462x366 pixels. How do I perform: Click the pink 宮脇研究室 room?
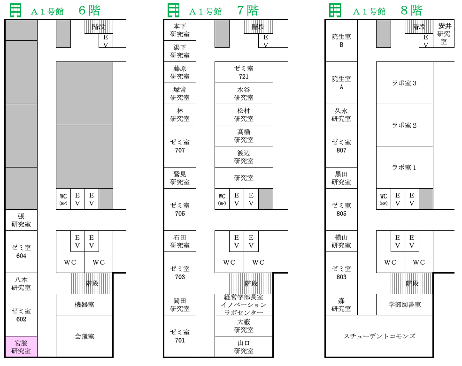pyautogui.click(x=21, y=347)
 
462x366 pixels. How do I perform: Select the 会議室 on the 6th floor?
pyautogui.click(x=84, y=336)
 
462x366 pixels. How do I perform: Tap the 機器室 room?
pyautogui.click(x=84, y=305)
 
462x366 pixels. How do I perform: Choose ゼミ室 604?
pyautogui.click(x=21, y=252)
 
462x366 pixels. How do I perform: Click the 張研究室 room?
pyautogui.click(x=21, y=220)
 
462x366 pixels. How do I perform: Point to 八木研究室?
pyautogui.click(x=21, y=283)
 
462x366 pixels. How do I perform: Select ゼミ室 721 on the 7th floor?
pyautogui.click(x=244, y=72)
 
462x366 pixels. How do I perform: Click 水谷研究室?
pyautogui.click(x=244, y=93)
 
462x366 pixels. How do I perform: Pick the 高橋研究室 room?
pyautogui.click(x=244, y=136)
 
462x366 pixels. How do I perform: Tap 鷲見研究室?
pyautogui.click(x=180, y=178)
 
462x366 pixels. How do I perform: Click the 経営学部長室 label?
pyautogui.click(x=244, y=297)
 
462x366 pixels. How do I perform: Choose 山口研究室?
pyautogui.click(x=244, y=347)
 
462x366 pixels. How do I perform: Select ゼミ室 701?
pyautogui.click(x=180, y=336)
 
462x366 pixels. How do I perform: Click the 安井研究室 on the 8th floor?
pyautogui.click(x=443, y=34)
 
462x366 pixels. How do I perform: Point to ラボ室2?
pyautogui.click(x=405, y=125)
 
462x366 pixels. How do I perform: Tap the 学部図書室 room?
pyautogui.click(x=405, y=305)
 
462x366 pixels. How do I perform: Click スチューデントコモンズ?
pyautogui.click(x=379, y=336)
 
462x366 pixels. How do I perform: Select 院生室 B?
pyautogui.click(x=341, y=41)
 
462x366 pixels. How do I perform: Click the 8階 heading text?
pyautogui.click(x=411, y=11)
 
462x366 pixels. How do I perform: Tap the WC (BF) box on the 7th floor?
pyautogui.click(x=222, y=199)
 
